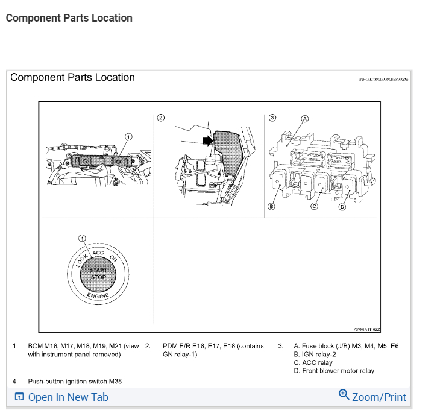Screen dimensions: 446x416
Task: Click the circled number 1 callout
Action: pos(128,137)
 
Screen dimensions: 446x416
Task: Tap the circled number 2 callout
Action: pos(160,118)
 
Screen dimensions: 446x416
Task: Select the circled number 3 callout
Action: pos(272,118)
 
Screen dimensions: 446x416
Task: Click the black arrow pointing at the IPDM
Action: pos(208,140)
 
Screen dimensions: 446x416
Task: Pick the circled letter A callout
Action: pos(304,118)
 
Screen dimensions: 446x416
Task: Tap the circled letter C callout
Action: pos(314,206)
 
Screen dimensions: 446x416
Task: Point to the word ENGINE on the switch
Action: pos(98,295)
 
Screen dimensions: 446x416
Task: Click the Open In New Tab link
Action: pos(68,397)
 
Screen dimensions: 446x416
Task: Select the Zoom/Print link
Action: pos(378,397)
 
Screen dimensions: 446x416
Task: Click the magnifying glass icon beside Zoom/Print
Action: pos(344,395)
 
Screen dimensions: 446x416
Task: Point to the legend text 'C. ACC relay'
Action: pos(313,363)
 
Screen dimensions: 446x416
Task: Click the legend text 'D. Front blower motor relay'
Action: pos(333,371)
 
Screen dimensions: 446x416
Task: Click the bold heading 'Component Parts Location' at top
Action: pos(69,18)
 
